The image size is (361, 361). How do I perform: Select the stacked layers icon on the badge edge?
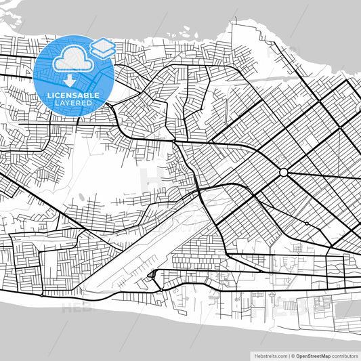click(x=104, y=47)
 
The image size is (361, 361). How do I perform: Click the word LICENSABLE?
click(x=72, y=95)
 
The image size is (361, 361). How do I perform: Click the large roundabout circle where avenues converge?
click(x=283, y=173)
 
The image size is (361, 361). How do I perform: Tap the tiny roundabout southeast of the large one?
click(x=306, y=223)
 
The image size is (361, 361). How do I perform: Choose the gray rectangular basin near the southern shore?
click(x=346, y=309)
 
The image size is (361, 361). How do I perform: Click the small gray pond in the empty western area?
click(x=83, y=195)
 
